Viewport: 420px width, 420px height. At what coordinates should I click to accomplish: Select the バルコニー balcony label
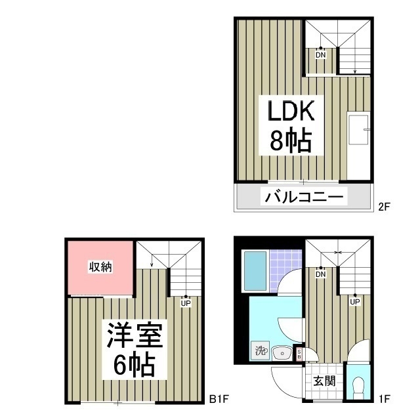point(304,196)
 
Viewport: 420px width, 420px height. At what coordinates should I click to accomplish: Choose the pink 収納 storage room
point(100,267)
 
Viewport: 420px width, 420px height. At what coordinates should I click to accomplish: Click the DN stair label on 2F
point(320,55)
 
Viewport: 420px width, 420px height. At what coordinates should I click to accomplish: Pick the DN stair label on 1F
point(320,275)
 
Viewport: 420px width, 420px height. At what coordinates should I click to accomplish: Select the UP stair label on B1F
point(186,303)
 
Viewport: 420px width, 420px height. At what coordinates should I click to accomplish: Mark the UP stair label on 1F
point(354,302)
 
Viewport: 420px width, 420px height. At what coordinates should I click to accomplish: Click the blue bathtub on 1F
point(255,270)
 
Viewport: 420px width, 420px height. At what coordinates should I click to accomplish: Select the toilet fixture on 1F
point(358,387)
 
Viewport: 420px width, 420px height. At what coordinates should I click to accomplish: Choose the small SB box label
point(299,354)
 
